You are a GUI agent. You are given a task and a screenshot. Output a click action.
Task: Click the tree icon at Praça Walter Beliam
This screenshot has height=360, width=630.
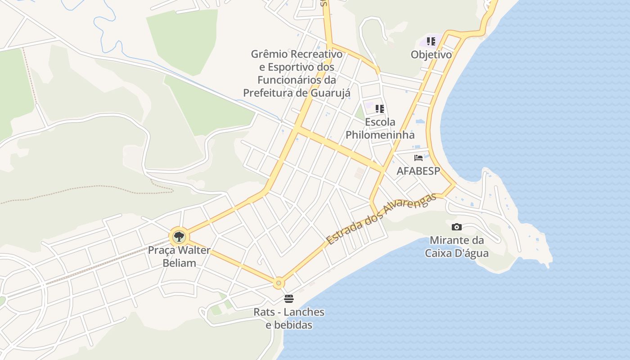(x=179, y=236)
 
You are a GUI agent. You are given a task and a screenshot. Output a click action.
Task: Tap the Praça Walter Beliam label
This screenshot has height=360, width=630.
(x=179, y=256)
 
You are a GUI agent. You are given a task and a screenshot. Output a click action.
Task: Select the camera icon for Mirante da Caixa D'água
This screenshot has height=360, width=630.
(x=456, y=227)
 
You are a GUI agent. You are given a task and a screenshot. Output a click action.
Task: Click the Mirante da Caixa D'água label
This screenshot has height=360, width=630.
(x=457, y=247)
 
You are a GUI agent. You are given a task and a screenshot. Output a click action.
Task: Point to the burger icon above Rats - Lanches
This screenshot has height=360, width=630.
(x=288, y=298)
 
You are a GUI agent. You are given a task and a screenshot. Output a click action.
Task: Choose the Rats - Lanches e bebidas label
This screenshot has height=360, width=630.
(x=289, y=318)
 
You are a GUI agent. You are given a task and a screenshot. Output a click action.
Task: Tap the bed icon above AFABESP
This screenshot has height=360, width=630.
(x=418, y=157)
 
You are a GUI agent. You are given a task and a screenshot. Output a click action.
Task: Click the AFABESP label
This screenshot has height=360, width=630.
(x=418, y=171)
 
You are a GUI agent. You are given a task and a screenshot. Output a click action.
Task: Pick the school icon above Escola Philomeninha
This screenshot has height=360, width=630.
(x=380, y=108)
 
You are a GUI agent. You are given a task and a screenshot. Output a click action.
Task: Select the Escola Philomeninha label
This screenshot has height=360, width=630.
(x=380, y=128)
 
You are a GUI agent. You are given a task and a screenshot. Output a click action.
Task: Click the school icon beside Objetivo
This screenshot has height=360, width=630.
(x=431, y=41)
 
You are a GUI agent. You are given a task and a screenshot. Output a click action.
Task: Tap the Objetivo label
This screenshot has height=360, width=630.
(x=431, y=55)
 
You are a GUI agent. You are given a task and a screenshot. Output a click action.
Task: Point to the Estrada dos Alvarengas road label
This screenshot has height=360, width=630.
(x=382, y=219)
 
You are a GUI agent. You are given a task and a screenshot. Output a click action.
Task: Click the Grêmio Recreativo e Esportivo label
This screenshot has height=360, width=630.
(x=297, y=73)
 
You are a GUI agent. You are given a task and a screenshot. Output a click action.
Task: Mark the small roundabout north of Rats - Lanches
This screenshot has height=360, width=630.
(x=279, y=283)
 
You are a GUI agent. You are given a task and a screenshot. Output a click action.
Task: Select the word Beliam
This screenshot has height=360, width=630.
(x=179, y=263)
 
